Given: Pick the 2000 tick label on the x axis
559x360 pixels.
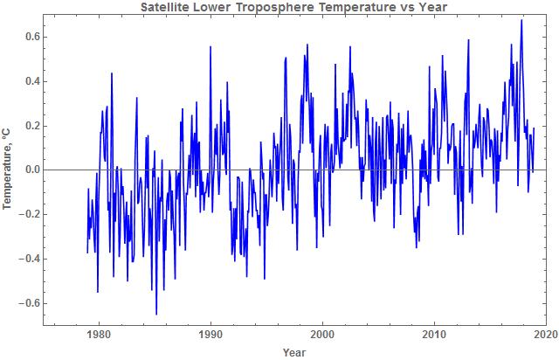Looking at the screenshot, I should coord(322,334).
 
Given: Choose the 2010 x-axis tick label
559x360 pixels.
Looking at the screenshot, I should coord(434,334).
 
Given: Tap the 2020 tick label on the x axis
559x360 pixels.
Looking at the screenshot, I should coord(546,334).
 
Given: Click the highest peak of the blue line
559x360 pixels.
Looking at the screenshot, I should coord(521,19).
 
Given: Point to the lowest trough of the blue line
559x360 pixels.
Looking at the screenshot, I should coord(156,315).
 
